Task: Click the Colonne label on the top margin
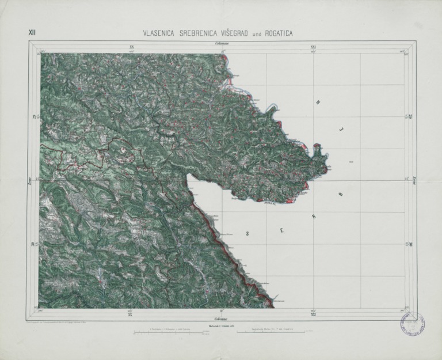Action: click(222, 44)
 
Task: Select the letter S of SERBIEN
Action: click(248, 234)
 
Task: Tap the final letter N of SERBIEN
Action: click(317, 103)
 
